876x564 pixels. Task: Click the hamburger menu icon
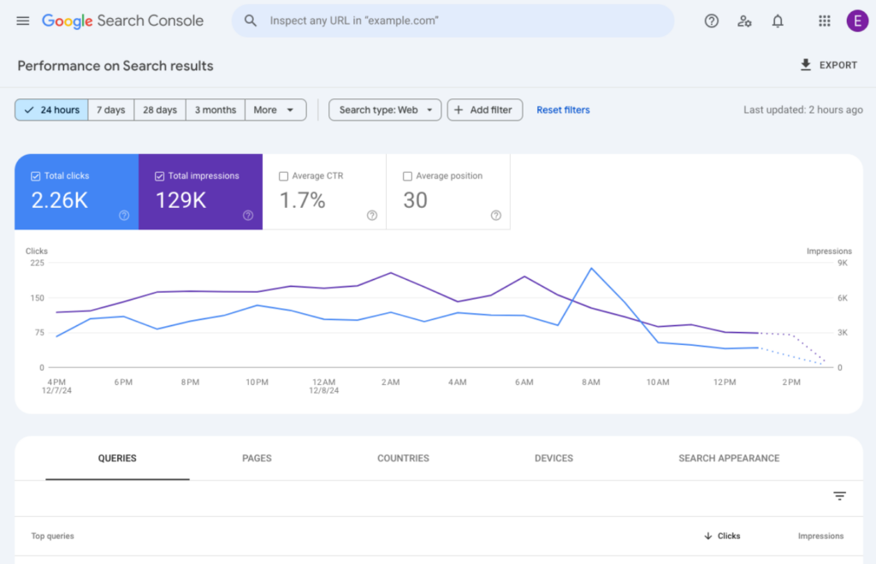point(23,21)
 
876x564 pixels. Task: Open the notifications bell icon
point(777,21)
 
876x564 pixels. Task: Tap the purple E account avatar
point(856,21)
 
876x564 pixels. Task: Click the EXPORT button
point(828,65)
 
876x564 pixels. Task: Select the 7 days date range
point(110,110)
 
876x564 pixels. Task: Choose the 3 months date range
point(215,110)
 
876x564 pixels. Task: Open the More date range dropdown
point(275,110)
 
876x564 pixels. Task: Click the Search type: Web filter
point(385,110)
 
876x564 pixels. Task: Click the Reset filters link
point(563,110)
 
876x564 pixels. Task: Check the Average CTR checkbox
point(283,176)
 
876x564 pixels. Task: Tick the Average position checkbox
point(407,176)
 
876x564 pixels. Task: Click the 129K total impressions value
point(181,200)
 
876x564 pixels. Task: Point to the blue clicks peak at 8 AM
point(591,269)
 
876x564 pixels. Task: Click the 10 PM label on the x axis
point(257,383)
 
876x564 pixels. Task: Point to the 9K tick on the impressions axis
point(842,264)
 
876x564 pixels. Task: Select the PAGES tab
point(257,458)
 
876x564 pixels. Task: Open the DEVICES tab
point(553,458)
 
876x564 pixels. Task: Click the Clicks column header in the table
point(723,536)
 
